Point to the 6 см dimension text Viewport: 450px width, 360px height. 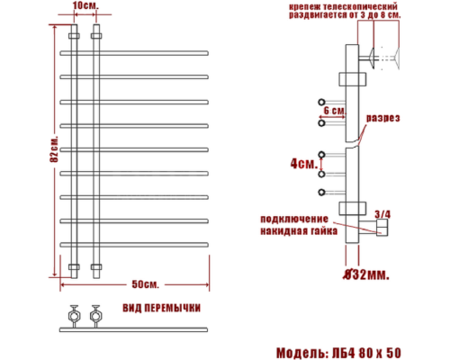[333, 110]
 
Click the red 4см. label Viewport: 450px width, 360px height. [303, 164]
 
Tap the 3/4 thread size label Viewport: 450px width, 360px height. [382, 213]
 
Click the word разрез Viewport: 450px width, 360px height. [382, 118]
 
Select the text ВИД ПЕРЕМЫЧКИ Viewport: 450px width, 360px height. [160, 308]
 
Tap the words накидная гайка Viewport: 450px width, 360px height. [298, 231]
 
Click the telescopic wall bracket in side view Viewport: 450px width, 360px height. [371, 60]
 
